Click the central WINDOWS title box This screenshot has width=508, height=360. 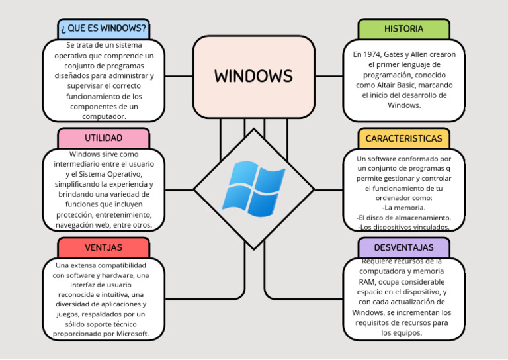pos(253,76)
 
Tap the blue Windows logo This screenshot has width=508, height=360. pos(253,189)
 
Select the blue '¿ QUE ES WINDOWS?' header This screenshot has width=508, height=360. pos(103,29)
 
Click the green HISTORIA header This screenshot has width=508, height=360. pos(403,29)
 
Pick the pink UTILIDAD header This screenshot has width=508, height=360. pos(103,138)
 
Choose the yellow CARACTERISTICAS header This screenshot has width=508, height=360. pos(403,138)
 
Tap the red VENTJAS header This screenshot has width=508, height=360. pos(103,247)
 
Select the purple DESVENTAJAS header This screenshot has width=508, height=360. pos(403,247)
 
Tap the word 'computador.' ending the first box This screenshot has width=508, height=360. pos(103,116)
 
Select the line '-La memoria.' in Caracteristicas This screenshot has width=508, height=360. pos(403,207)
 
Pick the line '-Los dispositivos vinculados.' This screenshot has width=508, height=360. pos(403,227)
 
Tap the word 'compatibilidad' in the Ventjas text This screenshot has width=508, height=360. pos(122,265)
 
